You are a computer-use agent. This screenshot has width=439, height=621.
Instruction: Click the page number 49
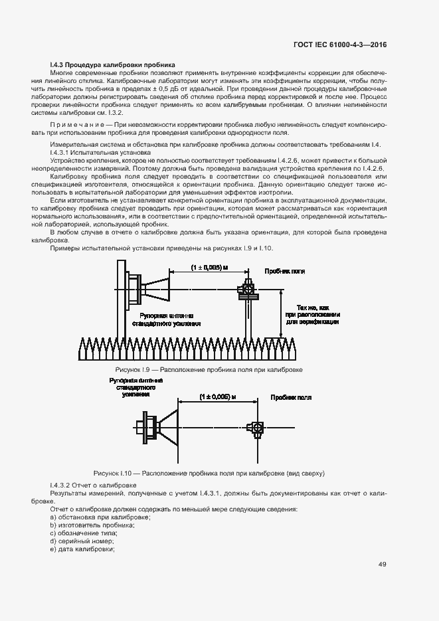[382, 565]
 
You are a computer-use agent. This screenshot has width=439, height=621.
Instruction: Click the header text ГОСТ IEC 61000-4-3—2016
[339, 44]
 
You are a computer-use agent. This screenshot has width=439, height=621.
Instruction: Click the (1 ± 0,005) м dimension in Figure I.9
[209, 267]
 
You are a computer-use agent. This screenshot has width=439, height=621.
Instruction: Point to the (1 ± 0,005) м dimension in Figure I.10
[218, 396]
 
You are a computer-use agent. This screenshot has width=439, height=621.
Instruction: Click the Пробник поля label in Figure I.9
[284, 271]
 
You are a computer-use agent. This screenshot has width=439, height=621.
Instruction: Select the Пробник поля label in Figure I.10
[291, 397]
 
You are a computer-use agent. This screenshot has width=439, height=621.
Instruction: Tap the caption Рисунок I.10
[209, 474]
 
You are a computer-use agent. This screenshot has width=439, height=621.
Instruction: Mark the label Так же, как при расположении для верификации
[313, 314]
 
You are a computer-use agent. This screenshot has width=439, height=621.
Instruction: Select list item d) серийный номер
[78, 541]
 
